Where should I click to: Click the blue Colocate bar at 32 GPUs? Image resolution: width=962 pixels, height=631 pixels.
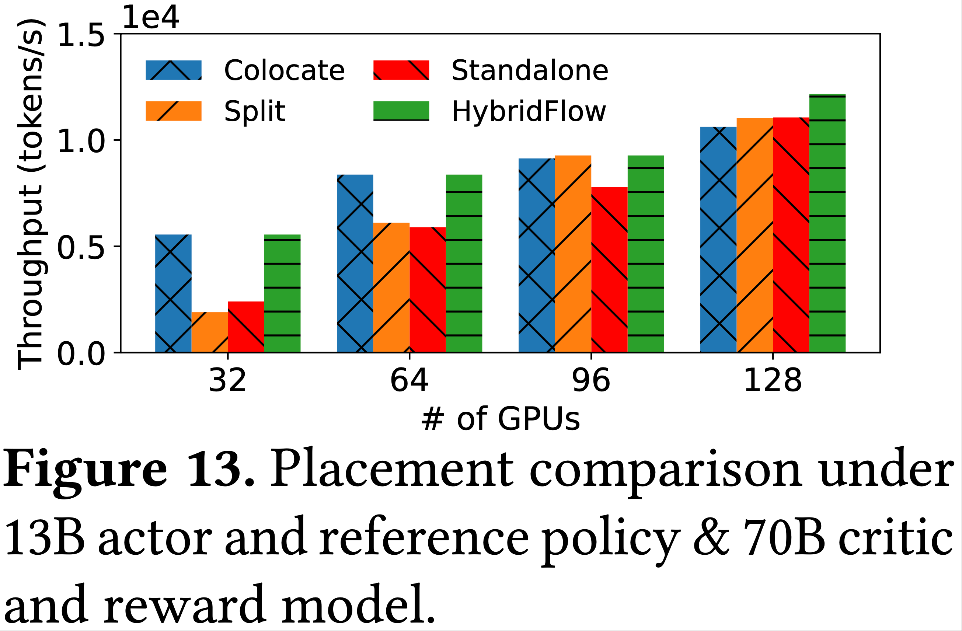click(173, 293)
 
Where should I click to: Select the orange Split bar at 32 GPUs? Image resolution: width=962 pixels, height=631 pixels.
click(209, 332)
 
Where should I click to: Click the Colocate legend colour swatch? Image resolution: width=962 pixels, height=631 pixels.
click(173, 70)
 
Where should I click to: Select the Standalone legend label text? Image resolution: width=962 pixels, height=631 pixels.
click(530, 70)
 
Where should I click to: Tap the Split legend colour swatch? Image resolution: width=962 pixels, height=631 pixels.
click(173, 111)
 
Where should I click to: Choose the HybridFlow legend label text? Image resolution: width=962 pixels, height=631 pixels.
click(529, 111)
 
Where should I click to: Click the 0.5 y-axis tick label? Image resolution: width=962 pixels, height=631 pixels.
click(81, 247)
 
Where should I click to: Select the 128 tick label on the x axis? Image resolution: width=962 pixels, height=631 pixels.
click(773, 381)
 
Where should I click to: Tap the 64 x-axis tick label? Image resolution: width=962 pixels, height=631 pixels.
click(409, 381)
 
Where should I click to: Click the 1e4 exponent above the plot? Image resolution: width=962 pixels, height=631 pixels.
click(150, 18)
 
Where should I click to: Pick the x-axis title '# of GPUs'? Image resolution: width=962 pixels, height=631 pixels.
click(501, 419)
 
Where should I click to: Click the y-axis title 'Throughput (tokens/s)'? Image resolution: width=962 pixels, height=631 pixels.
click(30, 194)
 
